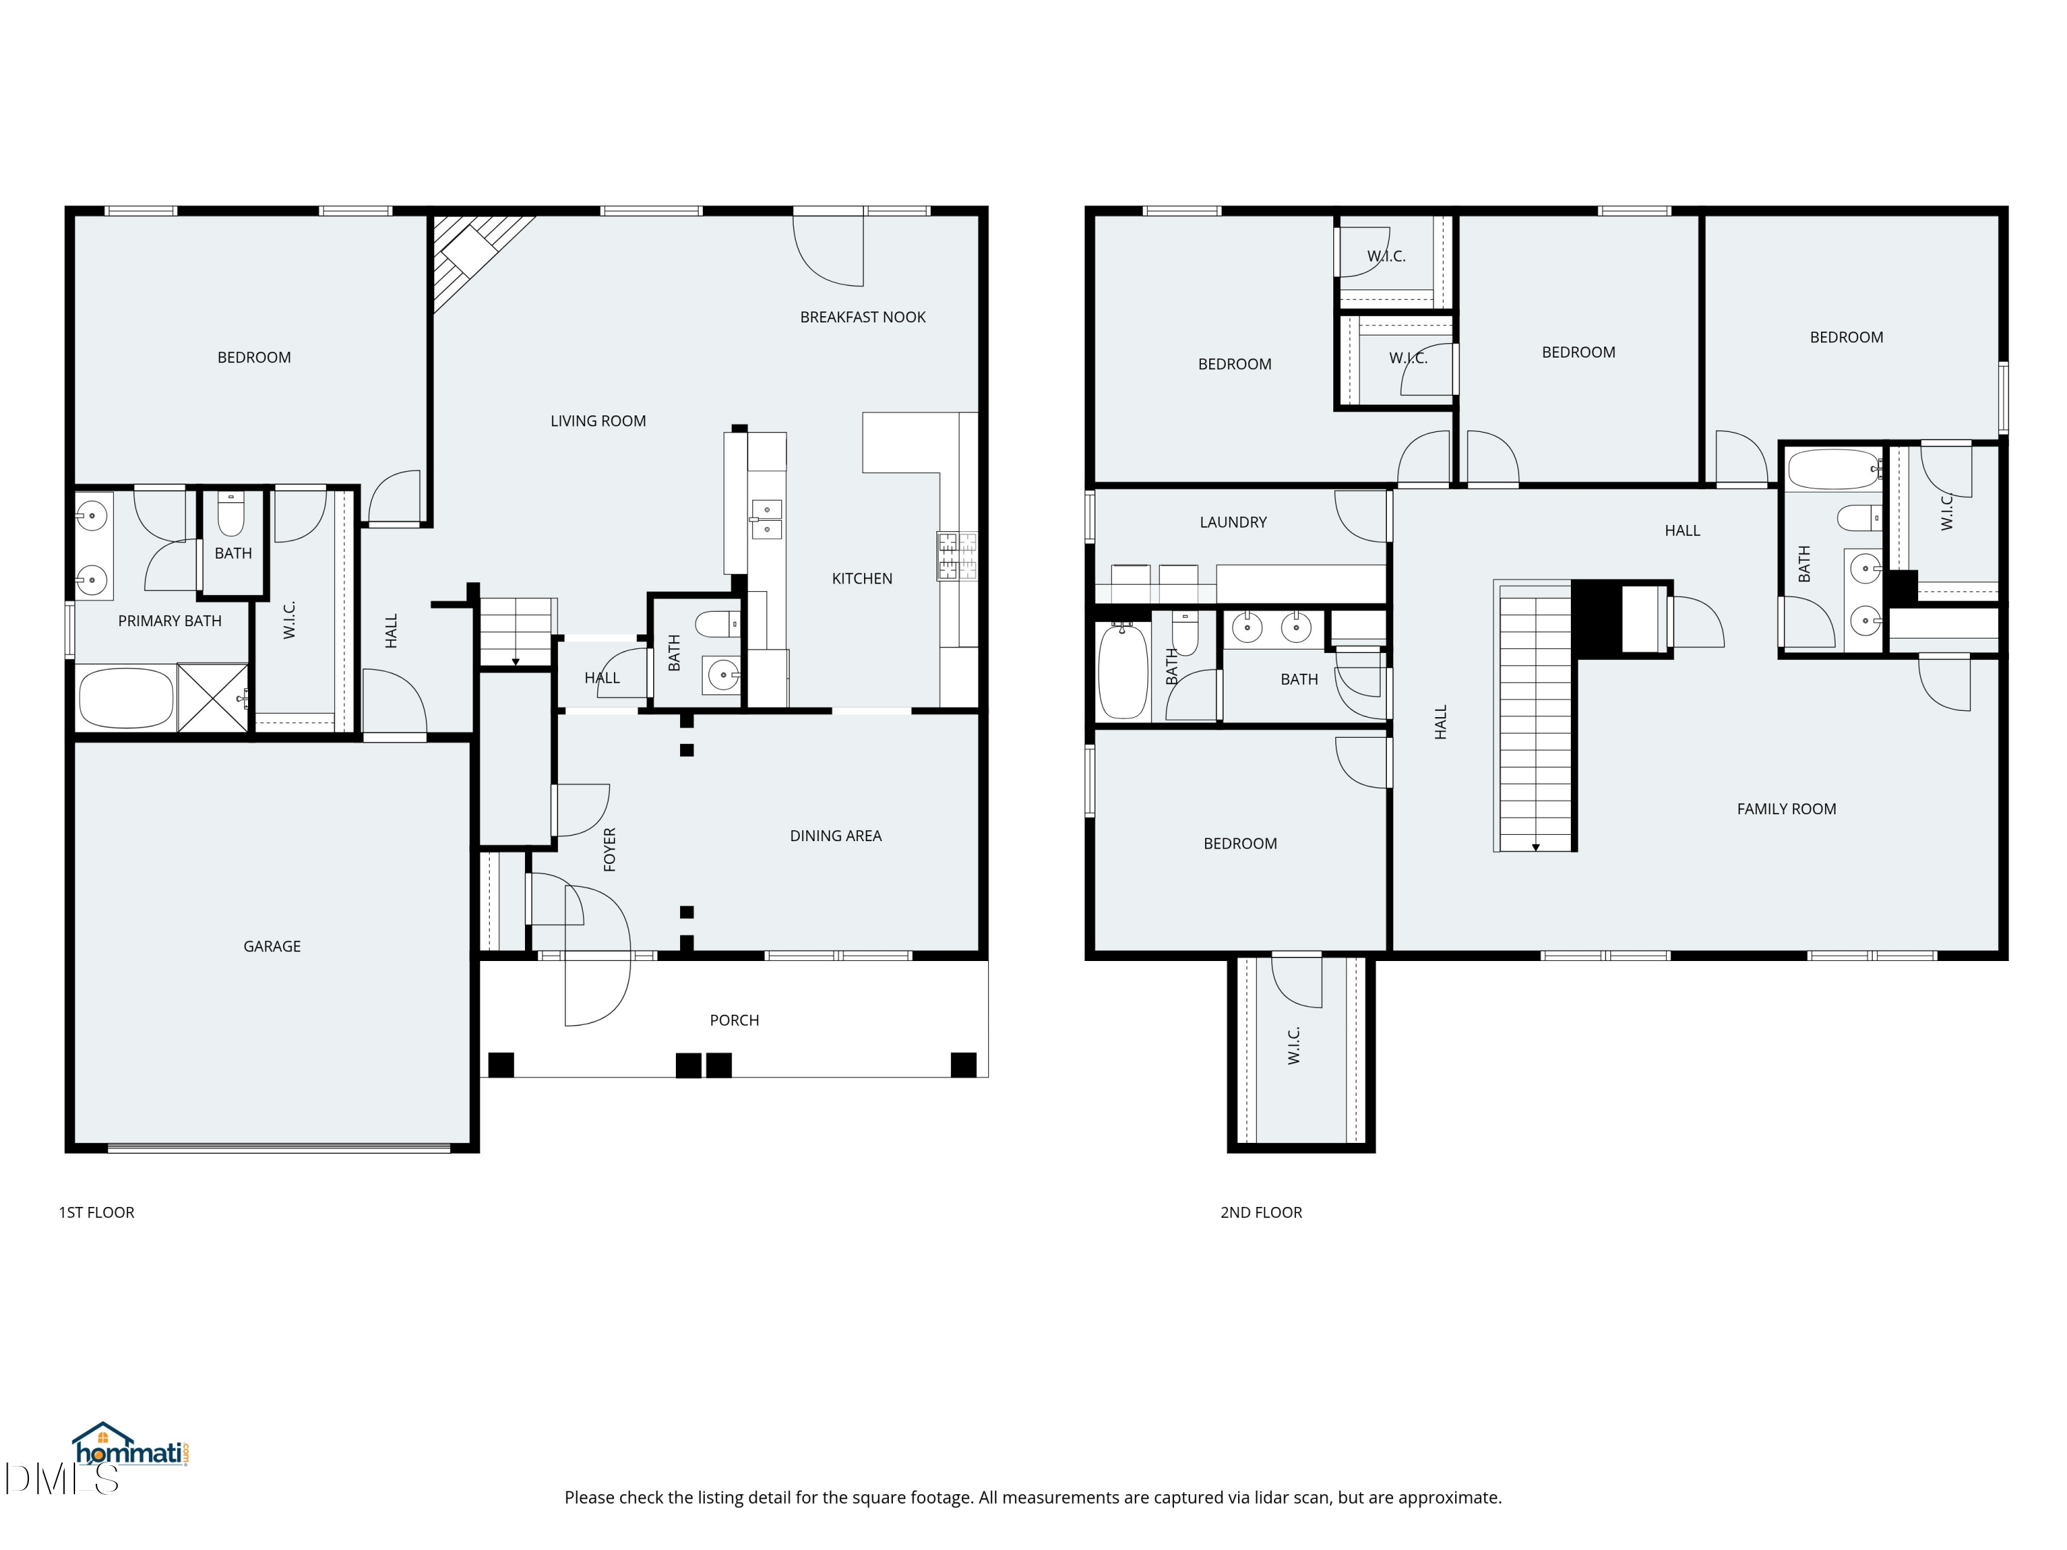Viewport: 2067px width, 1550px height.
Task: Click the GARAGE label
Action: pos(272,947)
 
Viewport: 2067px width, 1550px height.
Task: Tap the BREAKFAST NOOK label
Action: pos(863,318)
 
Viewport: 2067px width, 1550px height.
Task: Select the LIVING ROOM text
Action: pos(598,422)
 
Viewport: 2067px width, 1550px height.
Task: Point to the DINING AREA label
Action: pos(835,836)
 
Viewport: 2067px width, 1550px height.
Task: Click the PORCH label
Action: pos(734,1020)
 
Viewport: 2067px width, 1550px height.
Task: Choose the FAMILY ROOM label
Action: pos(1787,809)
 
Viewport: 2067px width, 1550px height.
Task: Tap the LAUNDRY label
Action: pos(1233,522)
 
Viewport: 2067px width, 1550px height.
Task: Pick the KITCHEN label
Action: pos(861,579)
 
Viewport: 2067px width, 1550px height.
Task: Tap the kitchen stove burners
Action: pos(957,556)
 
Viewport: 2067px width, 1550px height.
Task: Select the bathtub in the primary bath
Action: pos(126,698)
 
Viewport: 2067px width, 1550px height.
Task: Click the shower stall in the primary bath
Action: pos(213,698)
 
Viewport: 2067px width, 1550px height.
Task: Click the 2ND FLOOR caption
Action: pos(1261,1212)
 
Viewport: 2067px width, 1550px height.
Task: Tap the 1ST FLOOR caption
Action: pos(96,1212)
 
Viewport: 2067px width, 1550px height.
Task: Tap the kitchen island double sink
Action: pos(767,519)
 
